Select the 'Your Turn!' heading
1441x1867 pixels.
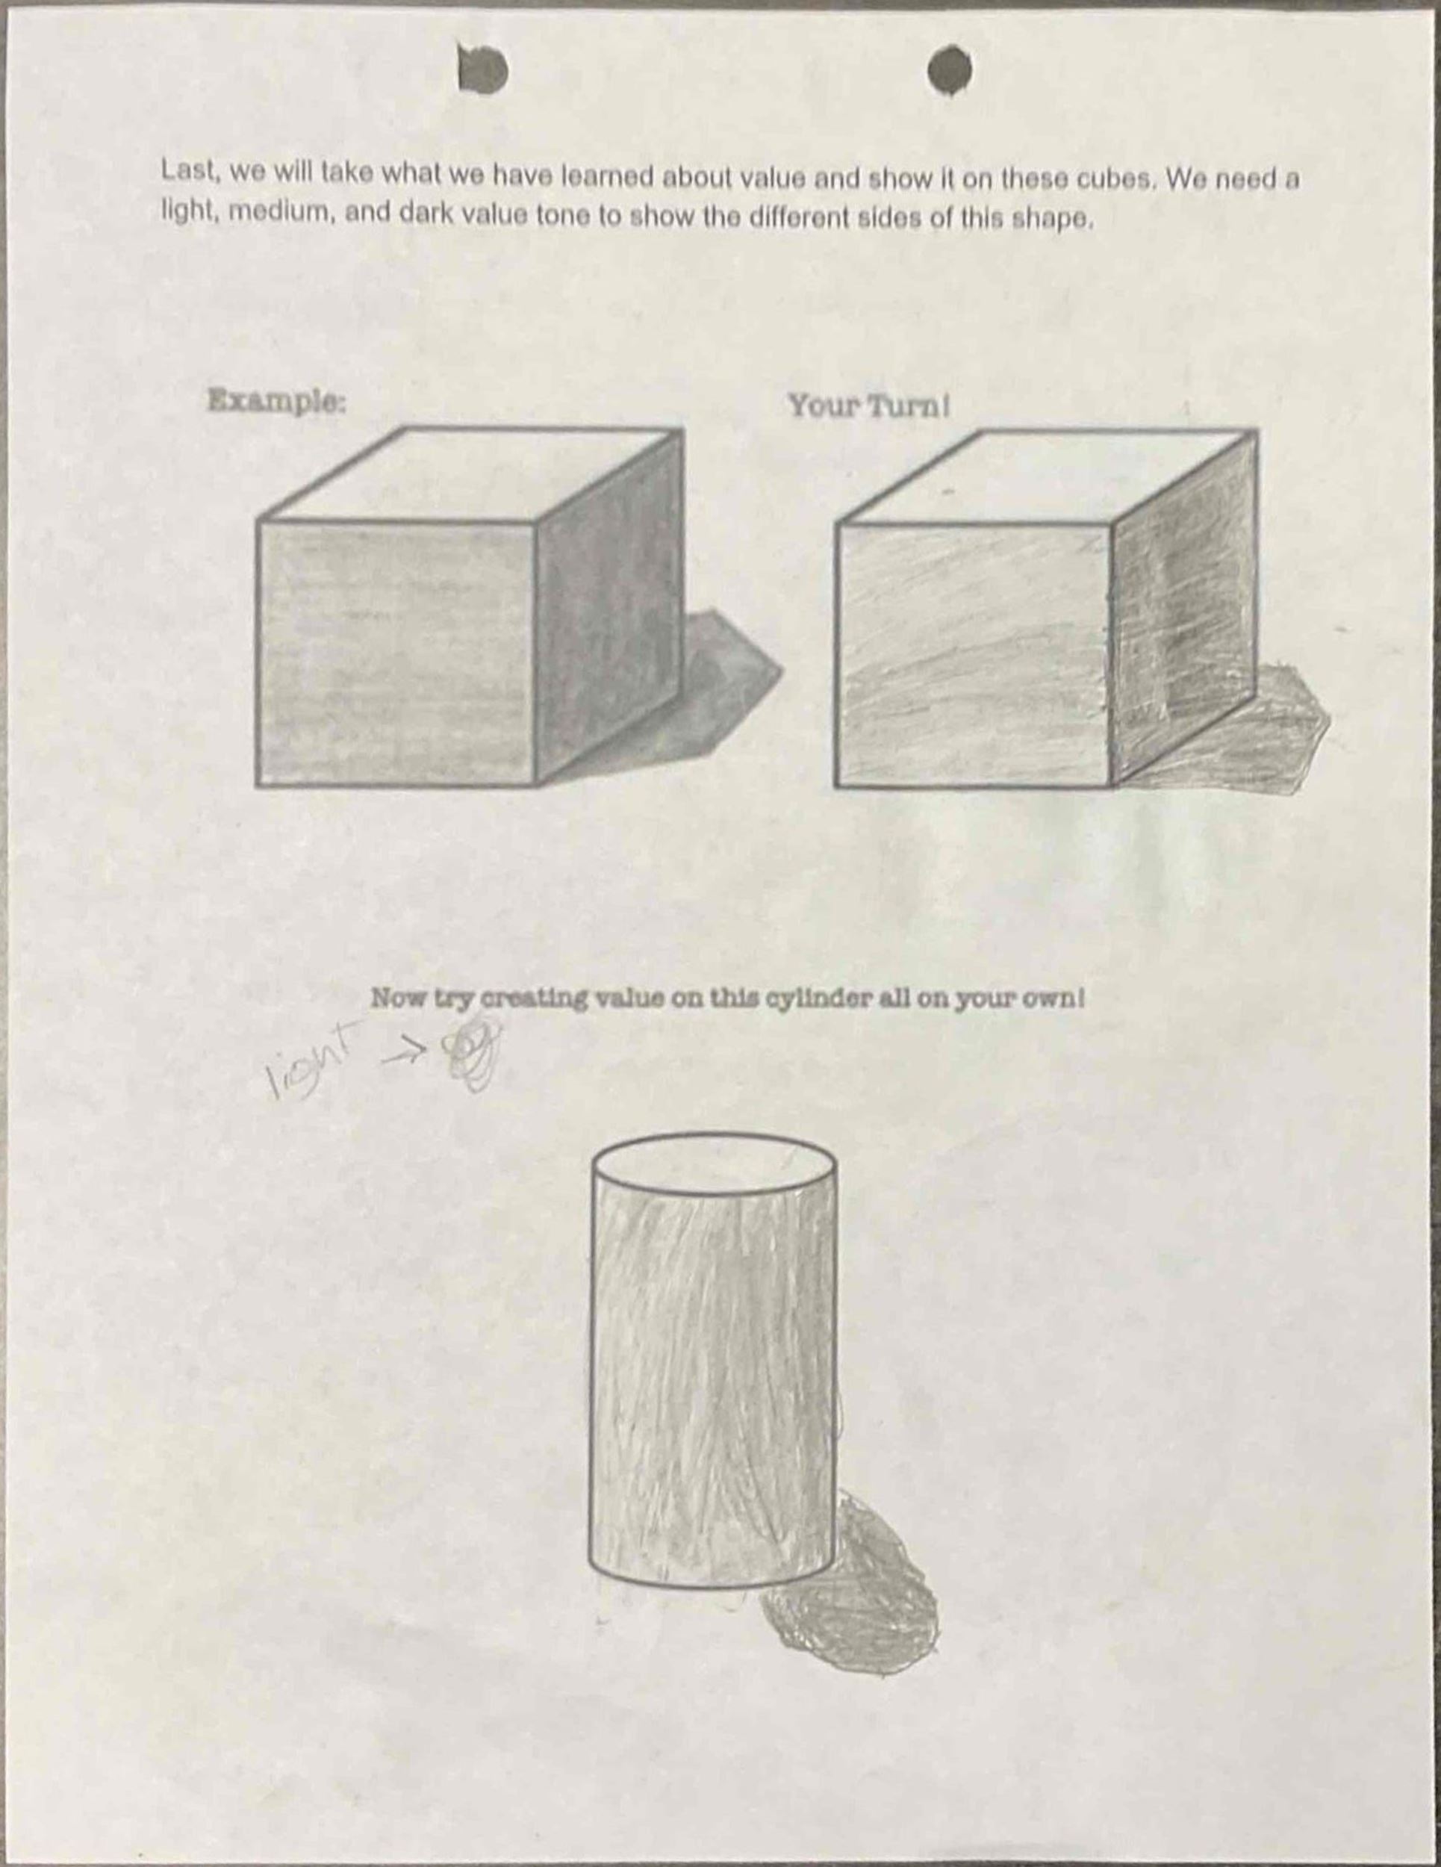pos(868,406)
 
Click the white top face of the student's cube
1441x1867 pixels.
pos(1046,477)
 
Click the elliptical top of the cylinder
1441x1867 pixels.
pos(714,1162)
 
